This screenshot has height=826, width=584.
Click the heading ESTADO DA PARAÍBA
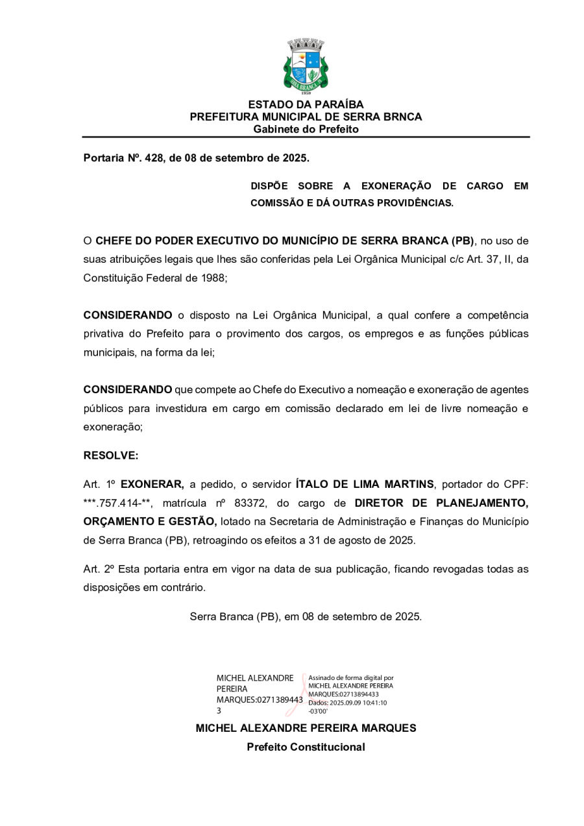click(306, 104)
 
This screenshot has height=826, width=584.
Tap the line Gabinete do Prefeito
click(306, 129)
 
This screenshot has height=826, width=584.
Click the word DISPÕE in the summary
click(269, 186)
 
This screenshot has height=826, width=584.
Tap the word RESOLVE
click(111, 456)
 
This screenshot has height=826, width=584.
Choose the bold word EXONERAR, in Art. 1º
click(152, 484)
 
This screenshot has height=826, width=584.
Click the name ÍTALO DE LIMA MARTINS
click(364, 484)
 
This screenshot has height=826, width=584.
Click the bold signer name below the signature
click(306, 729)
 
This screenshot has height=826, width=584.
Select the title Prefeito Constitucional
click(306, 747)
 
